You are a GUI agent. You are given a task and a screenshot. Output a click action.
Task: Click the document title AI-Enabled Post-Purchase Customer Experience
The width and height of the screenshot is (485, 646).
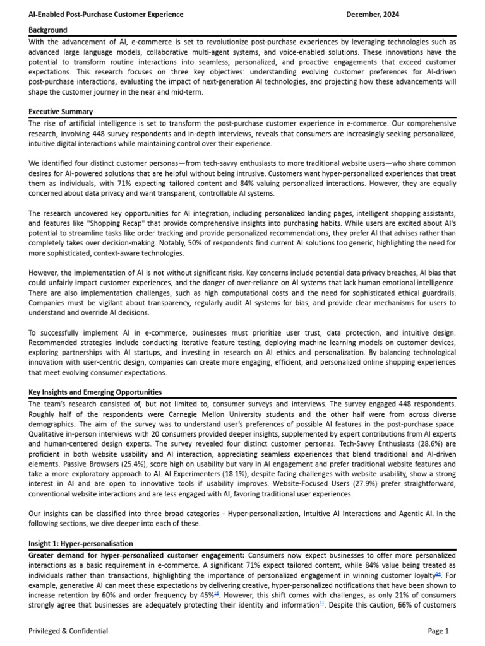(106, 15)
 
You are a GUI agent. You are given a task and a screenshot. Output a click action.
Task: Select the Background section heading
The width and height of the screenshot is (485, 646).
(48, 30)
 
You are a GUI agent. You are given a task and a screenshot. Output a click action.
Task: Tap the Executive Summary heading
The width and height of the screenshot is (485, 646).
(60, 112)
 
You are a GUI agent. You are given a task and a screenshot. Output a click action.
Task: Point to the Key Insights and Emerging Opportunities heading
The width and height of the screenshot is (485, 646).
(95, 392)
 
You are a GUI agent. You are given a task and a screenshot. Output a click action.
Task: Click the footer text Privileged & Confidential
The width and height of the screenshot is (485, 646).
(68, 631)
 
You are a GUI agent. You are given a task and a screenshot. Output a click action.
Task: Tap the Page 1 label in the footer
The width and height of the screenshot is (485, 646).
(438, 631)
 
